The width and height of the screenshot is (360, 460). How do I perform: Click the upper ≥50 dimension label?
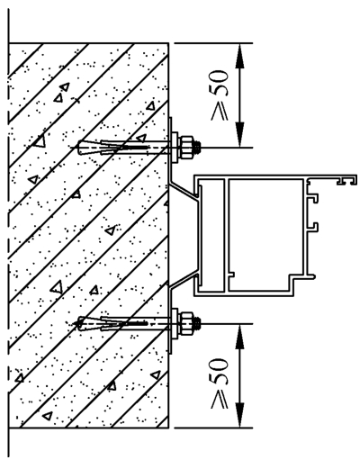click(x=220, y=95)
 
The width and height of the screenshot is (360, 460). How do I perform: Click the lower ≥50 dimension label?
click(x=220, y=383)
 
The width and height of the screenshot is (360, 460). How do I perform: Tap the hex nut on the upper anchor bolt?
click(x=186, y=148)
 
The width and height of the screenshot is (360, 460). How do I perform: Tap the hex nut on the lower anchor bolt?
click(x=186, y=324)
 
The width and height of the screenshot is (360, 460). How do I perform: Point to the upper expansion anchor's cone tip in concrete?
click(x=79, y=148)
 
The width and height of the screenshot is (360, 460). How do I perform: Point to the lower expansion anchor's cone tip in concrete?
click(x=79, y=323)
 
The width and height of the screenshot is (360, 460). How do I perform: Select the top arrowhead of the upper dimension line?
click(x=239, y=56)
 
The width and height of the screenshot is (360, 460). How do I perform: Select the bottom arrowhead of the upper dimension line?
click(x=239, y=135)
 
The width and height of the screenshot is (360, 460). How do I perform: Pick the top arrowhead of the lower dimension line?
click(x=239, y=336)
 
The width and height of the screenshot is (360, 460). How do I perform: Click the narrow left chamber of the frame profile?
click(x=213, y=235)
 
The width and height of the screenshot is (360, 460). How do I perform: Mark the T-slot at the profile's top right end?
click(x=347, y=180)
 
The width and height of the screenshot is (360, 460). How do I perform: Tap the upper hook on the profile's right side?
click(x=312, y=198)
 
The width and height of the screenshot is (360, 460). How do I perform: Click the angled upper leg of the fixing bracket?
click(x=184, y=190)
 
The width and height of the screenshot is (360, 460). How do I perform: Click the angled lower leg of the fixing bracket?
click(x=184, y=281)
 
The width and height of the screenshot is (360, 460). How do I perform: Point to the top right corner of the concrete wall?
click(x=168, y=43)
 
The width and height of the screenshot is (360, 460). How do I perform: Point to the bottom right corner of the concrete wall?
click(x=168, y=428)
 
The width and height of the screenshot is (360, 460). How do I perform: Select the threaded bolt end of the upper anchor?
click(x=197, y=148)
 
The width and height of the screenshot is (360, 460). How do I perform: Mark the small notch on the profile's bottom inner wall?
click(x=232, y=274)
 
